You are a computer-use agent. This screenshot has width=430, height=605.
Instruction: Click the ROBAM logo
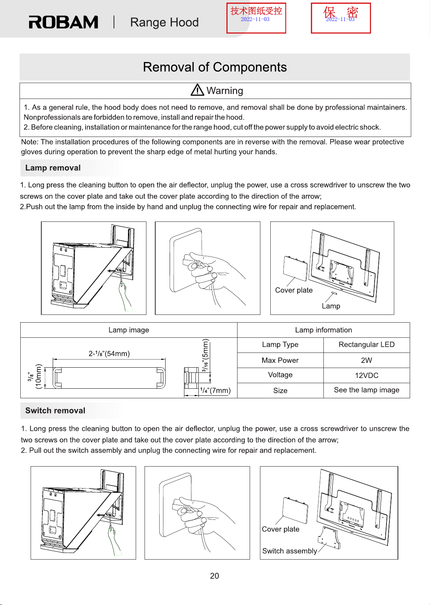63,22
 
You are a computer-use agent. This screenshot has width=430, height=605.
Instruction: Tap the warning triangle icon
197,90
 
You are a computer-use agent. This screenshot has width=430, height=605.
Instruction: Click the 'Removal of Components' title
215,67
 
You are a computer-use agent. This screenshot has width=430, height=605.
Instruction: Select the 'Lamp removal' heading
53,168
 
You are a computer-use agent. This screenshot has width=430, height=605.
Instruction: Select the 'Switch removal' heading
55,410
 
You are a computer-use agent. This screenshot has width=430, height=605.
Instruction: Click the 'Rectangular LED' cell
367,344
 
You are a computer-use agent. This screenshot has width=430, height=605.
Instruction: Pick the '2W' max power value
367,360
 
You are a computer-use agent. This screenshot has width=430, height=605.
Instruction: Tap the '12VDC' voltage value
367,375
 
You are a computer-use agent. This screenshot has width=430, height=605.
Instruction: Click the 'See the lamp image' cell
367,390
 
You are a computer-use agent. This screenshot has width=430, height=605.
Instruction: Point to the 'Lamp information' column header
323,330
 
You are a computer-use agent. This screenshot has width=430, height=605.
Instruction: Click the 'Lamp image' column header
129,330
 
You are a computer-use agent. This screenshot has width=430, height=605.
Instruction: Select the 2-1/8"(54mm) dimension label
109,354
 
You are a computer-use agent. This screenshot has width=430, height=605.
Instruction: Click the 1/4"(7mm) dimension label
215,390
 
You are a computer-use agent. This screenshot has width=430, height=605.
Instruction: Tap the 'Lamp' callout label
331,306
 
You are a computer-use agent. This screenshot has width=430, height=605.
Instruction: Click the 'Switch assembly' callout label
289,551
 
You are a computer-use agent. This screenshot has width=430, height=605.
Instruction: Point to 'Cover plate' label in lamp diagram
294,290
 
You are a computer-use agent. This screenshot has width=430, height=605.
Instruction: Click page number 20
215,576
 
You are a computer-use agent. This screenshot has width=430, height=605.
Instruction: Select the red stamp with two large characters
341,18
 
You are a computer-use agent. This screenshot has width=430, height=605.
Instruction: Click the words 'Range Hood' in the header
164,22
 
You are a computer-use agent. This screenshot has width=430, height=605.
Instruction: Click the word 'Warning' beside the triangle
225,90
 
